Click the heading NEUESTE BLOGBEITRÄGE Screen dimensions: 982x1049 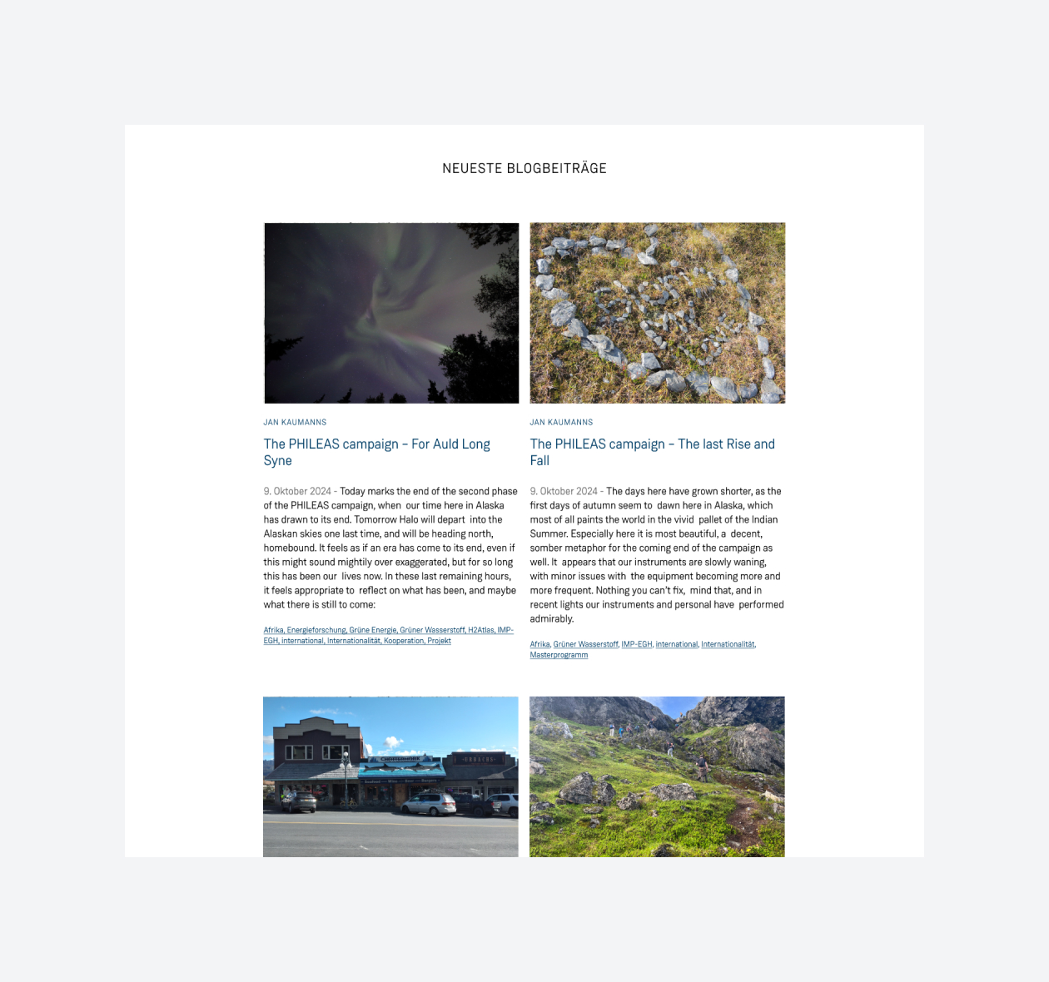point(524,168)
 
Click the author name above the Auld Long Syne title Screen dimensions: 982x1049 point(295,422)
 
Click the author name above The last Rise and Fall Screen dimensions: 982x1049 point(561,422)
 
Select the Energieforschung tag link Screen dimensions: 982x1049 point(316,630)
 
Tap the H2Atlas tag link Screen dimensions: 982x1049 point(480,630)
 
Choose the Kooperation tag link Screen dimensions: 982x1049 point(404,641)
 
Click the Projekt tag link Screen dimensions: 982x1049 point(439,641)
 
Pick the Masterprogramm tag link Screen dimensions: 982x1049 point(559,655)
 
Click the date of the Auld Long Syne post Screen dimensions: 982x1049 point(297,491)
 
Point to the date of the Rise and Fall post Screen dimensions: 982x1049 point(564,491)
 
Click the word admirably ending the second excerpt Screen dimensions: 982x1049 point(551,618)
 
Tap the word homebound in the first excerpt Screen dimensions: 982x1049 point(289,548)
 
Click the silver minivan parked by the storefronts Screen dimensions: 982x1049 point(428,803)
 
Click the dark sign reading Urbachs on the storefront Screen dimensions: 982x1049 point(480,759)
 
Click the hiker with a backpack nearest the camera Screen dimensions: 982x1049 point(702,767)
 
